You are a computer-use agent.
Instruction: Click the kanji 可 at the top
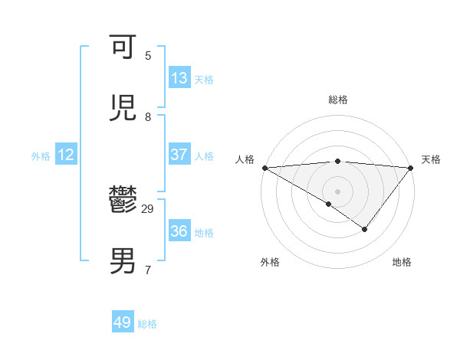point(124,47)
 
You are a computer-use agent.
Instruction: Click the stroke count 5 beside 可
point(148,56)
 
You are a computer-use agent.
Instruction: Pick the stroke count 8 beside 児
point(148,117)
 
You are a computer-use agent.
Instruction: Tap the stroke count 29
point(148,209)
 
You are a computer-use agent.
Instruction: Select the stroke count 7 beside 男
point(148,270)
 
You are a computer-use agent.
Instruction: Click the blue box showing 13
point(179,78)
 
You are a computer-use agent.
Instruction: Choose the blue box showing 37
point(179,155)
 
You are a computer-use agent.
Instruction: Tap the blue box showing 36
point(179,231)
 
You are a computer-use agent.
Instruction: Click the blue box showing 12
point(66,155)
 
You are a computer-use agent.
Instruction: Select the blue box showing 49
point(123,322)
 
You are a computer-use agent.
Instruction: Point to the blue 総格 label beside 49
point(147,324)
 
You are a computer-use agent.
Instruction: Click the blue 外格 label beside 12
point(41,156)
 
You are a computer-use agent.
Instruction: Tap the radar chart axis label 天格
point(432,159)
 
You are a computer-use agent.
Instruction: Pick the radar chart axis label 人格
point(245,159)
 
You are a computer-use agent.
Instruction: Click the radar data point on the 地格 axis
point(365,229)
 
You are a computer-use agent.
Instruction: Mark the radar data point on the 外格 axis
point(329,204)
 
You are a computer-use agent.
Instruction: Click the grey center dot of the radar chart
point(337,191)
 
